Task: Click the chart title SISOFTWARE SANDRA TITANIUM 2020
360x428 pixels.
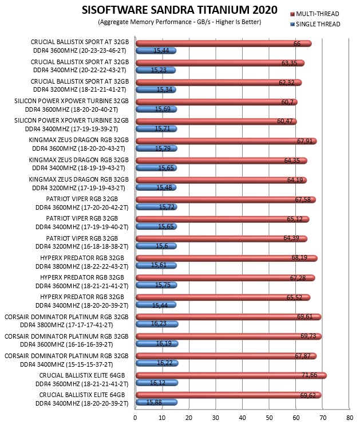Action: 180,10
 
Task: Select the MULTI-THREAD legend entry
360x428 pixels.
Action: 315,14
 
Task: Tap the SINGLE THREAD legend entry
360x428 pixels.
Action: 315,24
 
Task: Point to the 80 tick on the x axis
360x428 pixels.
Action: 350,418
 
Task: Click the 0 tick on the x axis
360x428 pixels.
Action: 135,418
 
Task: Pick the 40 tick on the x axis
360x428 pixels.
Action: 242,418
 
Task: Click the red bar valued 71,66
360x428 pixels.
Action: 231,375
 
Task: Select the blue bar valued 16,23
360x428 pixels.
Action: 157,324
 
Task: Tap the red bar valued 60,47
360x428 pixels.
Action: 216,121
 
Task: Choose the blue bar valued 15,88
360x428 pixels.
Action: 157,402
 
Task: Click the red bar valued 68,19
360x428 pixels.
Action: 227,258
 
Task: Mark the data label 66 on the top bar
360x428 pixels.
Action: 297,44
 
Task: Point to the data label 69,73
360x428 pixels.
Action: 308,336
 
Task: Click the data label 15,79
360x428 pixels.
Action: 163,148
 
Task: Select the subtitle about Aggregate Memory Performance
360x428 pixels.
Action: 180,22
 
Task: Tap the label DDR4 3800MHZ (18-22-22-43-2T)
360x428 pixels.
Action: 82,266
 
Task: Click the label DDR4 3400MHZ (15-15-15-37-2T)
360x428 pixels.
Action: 66,364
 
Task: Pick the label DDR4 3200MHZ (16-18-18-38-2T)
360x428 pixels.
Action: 82,246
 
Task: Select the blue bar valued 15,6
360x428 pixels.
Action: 156,246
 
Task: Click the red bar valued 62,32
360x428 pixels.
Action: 219,83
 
